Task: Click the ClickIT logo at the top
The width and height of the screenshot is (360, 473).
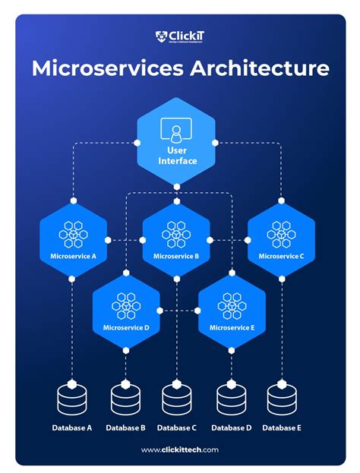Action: [180, 36]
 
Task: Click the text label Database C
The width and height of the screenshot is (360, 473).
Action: [177, 427]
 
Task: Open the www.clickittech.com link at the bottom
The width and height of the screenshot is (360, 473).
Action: [180, 449]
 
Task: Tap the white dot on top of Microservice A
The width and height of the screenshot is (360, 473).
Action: [73, 201]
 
